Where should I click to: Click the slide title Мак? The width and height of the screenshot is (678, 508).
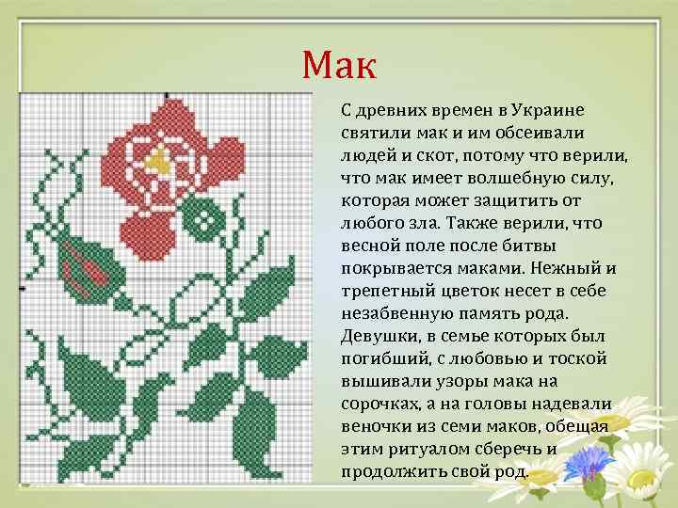click(339, 65)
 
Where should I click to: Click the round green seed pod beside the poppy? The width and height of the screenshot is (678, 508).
click(200, 218)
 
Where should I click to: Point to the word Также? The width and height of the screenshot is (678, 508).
click(476, 222)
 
